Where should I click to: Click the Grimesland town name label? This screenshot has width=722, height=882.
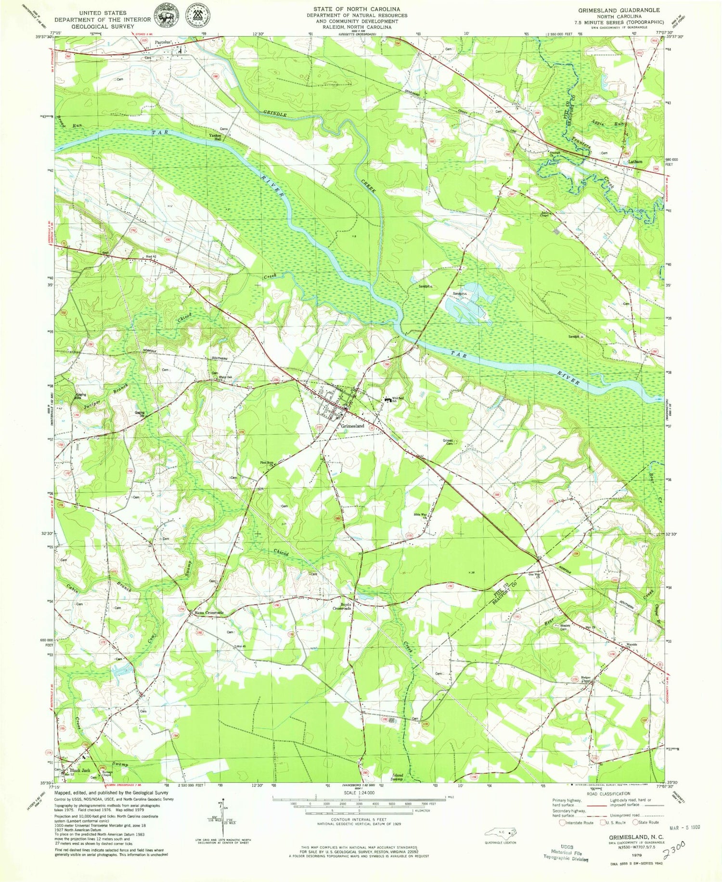pos(352,427)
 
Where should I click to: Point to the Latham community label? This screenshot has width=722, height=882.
pos(635,162)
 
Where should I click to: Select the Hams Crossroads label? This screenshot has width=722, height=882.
pos(208,613)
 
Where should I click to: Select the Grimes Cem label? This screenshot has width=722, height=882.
pos(449,442)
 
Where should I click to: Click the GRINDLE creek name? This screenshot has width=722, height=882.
pos(275,115)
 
